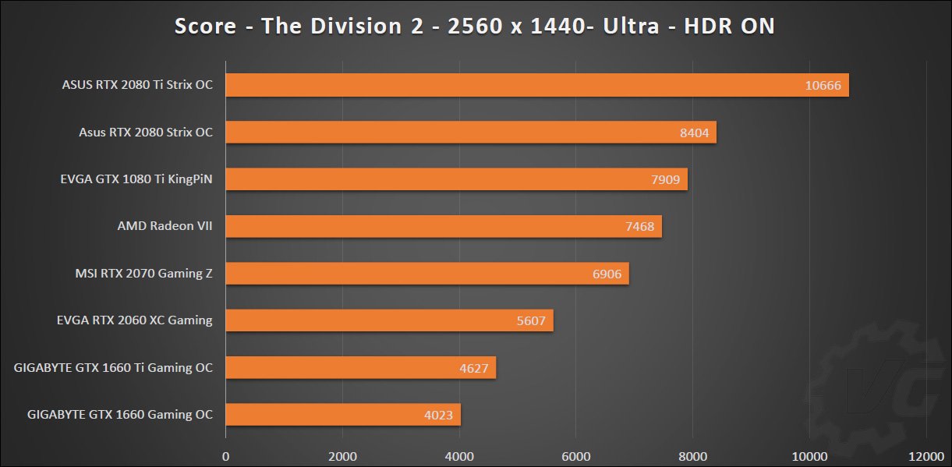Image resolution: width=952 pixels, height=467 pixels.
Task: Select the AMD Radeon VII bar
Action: click(x=444, y=227)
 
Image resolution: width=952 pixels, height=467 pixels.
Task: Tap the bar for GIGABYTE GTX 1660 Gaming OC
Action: click(x=343, y=415)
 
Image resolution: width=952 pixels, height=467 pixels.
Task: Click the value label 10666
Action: click(x=823, y=86)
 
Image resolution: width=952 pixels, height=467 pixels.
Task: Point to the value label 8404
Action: click(x=694, y=133)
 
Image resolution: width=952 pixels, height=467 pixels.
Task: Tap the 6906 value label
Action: click(x=607, y=274)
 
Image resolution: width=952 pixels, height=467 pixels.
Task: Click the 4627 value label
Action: click(x=474, y=368)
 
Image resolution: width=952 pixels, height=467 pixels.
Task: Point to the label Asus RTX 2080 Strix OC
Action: click(x=146, y=133)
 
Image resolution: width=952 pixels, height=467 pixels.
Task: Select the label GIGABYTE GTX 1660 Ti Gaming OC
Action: click(x=113, y=367)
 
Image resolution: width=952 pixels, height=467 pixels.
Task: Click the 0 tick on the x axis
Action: click(x=226, y=455)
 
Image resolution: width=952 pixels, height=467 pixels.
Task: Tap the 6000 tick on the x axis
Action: click(x=575, y=455)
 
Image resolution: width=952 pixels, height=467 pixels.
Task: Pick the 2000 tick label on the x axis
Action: click(x=342, y=455)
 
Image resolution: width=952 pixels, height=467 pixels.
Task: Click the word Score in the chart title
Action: click(x=205, y=27)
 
